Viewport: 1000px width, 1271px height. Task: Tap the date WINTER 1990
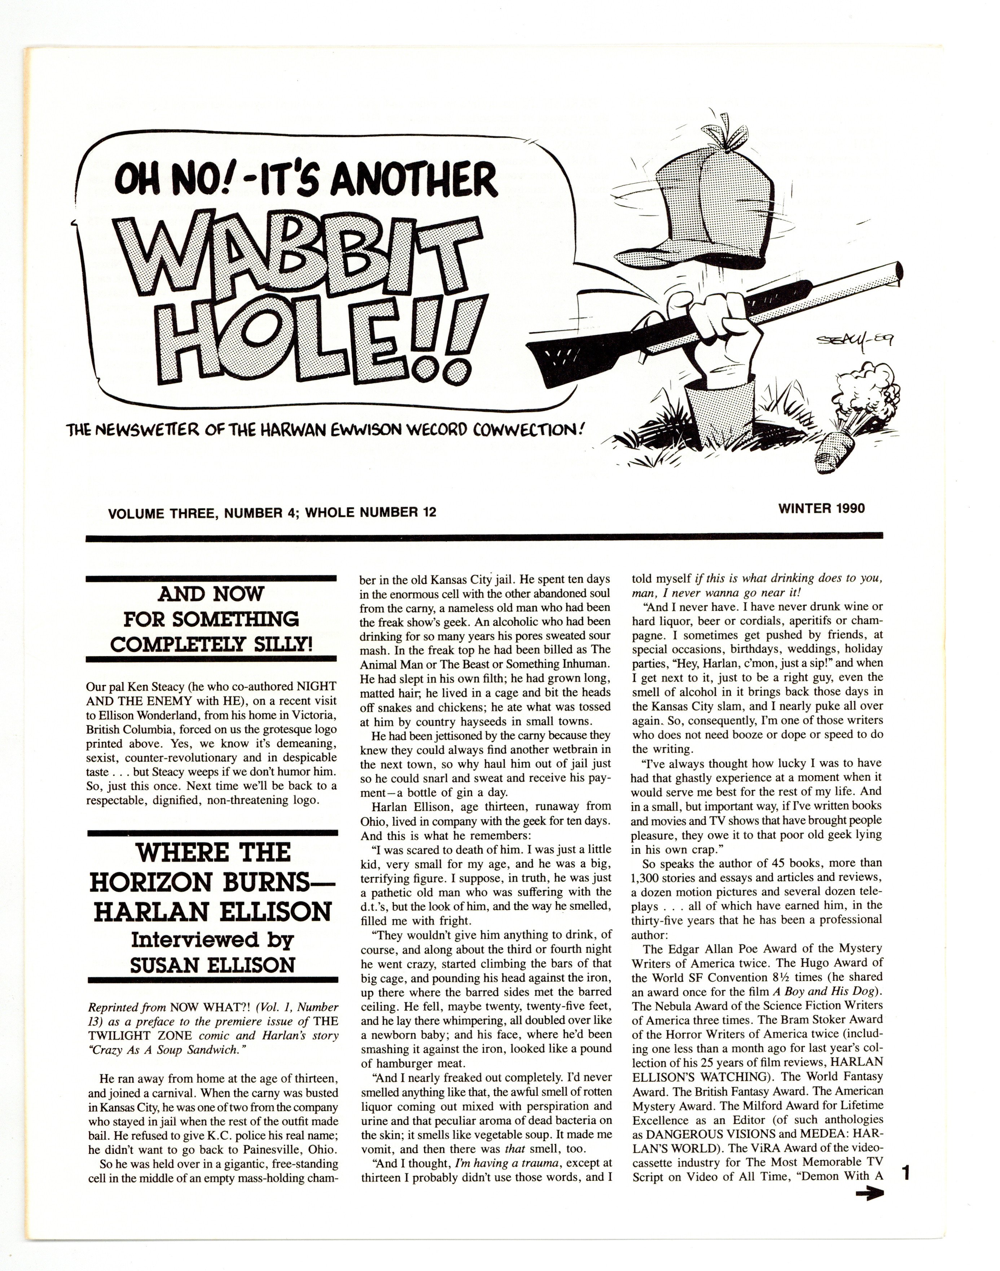click(x=821, y=508)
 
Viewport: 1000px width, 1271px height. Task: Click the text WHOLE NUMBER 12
click(x=370, y=513)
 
